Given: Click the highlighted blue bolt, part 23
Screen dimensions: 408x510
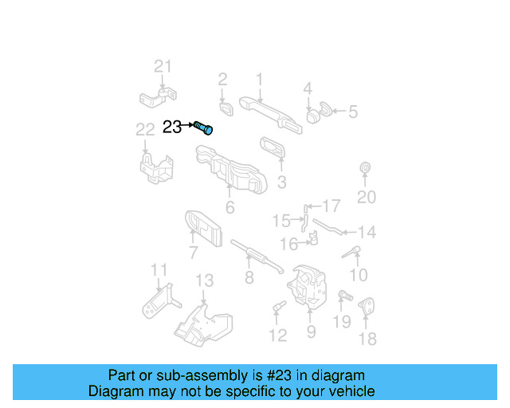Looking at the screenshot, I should click(204, 127).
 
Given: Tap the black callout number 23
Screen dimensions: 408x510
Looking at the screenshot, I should click(172, 127).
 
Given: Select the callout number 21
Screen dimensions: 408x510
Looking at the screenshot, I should click(163, 66).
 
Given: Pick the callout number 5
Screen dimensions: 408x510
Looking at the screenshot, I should click(353, 112).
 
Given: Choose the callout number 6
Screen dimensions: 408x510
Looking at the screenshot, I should click(229, 209).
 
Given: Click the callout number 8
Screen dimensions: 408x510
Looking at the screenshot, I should click(249, 277).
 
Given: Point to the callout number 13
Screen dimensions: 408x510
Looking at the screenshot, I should click(205, 280).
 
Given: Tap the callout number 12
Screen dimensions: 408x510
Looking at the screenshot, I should click(277, 335).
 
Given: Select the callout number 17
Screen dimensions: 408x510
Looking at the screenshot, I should click(331, 206).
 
